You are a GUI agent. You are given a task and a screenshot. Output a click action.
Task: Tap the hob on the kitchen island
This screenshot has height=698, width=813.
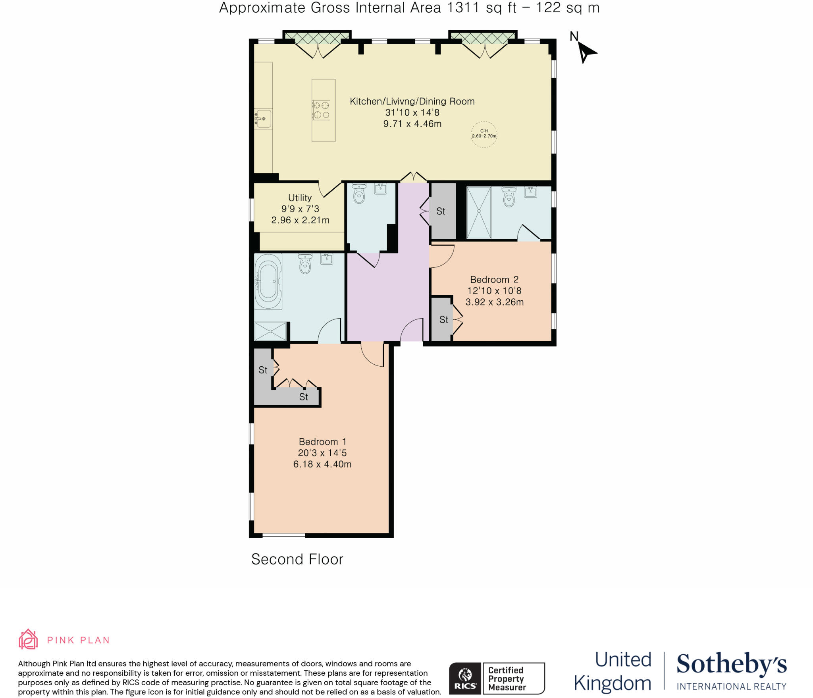pyautogui.click(x=321, y=110)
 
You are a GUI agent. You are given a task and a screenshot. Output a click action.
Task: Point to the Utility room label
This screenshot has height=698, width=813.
pyautogui.click(x=300, y=197)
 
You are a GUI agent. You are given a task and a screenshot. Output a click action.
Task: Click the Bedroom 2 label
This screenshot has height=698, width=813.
pyautogui.click(x=494, y=279)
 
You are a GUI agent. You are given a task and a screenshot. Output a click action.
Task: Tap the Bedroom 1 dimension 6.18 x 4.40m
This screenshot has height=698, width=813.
pyautogui.click(x=322, y=464)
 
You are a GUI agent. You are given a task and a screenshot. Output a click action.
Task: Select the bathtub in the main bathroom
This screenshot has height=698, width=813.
pyautogui.click(x=268, y=281)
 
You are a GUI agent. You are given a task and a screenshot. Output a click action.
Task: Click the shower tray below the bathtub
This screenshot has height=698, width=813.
pyautogui.click(x=270, y=331)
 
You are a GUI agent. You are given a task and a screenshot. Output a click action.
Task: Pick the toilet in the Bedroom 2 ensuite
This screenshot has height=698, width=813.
pyautogui.click(x=509, y=197)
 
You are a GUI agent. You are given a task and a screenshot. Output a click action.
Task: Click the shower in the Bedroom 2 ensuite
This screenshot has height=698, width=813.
pyautogui.click(x=479, y=212)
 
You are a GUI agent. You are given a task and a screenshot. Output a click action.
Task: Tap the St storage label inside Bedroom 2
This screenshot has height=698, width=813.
pyautogui.click(x=443, y=319)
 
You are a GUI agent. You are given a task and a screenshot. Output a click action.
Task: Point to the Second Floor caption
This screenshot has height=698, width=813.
pyautogui.click(x=297, y=559)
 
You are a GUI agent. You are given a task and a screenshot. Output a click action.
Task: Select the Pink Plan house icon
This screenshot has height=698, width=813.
pyautogui.click(x=28, y=640)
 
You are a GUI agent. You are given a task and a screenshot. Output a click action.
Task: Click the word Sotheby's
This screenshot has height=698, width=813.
pyautogui.click(x=731, y=664)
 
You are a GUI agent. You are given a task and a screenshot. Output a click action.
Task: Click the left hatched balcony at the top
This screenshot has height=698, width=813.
pyautogui.click(x=317, y=37)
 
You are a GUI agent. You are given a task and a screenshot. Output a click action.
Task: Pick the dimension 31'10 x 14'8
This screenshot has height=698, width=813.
pyautogui.click(x=412, y=112)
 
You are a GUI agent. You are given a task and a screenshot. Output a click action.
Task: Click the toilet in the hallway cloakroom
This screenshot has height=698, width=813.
pyautogui.click(x=359, y=194)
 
